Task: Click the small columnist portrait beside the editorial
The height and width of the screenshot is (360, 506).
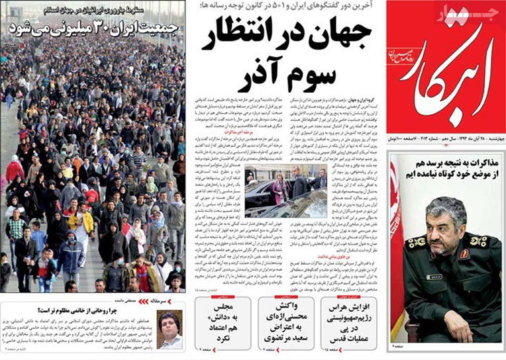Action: coord(170,328)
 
